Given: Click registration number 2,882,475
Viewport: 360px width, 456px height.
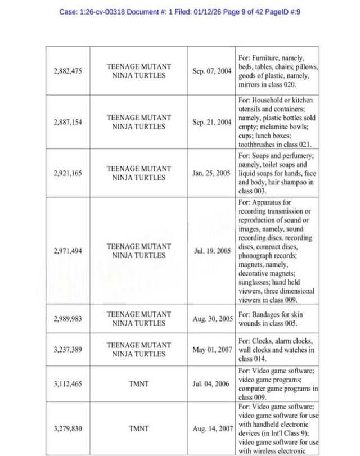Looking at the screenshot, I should [x=67, y=71].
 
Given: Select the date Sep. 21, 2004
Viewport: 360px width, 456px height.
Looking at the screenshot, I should [x=212, y=122].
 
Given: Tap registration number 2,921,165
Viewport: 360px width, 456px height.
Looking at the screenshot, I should [x=67, y=173].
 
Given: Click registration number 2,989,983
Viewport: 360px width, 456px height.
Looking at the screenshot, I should [x=67, y=319].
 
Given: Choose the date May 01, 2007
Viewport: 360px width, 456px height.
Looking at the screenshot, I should [x=212, y=350].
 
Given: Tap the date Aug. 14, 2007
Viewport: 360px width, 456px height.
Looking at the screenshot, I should [x=213, y=428].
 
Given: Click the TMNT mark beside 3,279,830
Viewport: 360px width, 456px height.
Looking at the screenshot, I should [x=138, y=428].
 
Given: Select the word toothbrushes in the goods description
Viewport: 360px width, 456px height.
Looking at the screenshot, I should [x=260, y=145].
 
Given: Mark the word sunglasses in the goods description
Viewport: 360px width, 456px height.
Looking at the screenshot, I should [x=256, y=282].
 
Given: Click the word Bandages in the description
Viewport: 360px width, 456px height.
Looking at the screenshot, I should [x=267, y=314].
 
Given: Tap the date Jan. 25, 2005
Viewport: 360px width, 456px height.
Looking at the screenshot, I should [x=212, y=173].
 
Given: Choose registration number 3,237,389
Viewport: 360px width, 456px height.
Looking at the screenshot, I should [x=67, y=350].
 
